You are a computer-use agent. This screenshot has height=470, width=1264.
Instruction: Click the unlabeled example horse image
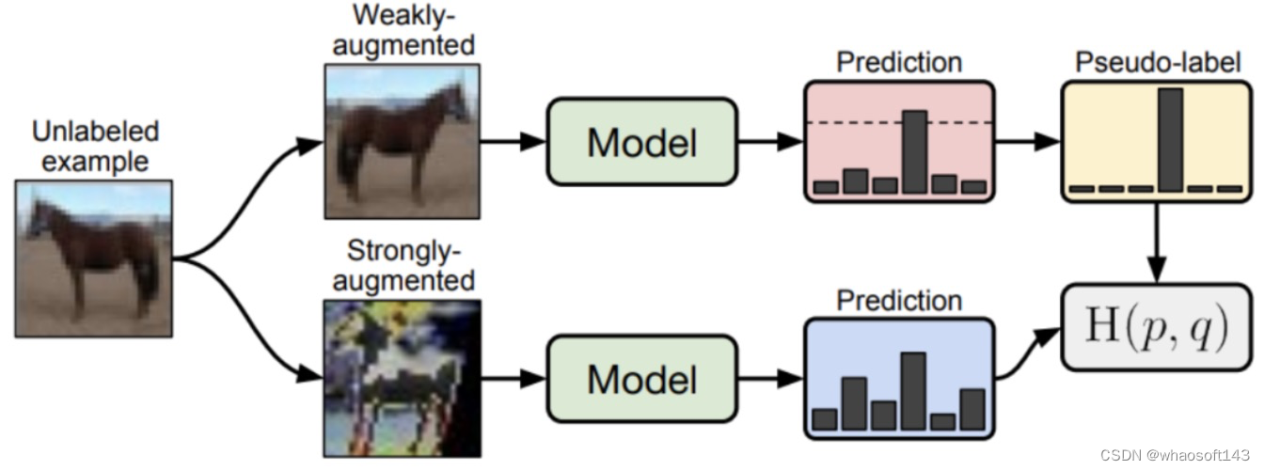(93, 258)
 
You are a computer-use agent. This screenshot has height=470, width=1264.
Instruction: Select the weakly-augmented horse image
(402, 141)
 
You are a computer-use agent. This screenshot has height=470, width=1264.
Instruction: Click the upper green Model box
(642, 142)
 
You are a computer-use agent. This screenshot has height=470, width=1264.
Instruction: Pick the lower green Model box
(642, 379)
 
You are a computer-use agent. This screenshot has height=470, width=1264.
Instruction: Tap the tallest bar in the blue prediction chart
(913, 390)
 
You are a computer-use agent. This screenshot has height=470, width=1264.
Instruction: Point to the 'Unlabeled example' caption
(95, 145)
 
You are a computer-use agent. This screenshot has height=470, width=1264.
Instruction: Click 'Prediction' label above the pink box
(899, 62)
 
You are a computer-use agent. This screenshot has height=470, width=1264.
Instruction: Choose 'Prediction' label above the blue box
(899, 301)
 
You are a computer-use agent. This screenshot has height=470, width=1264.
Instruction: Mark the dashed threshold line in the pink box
(856, 123)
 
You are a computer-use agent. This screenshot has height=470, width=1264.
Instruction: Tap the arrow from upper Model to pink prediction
(770, 142)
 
